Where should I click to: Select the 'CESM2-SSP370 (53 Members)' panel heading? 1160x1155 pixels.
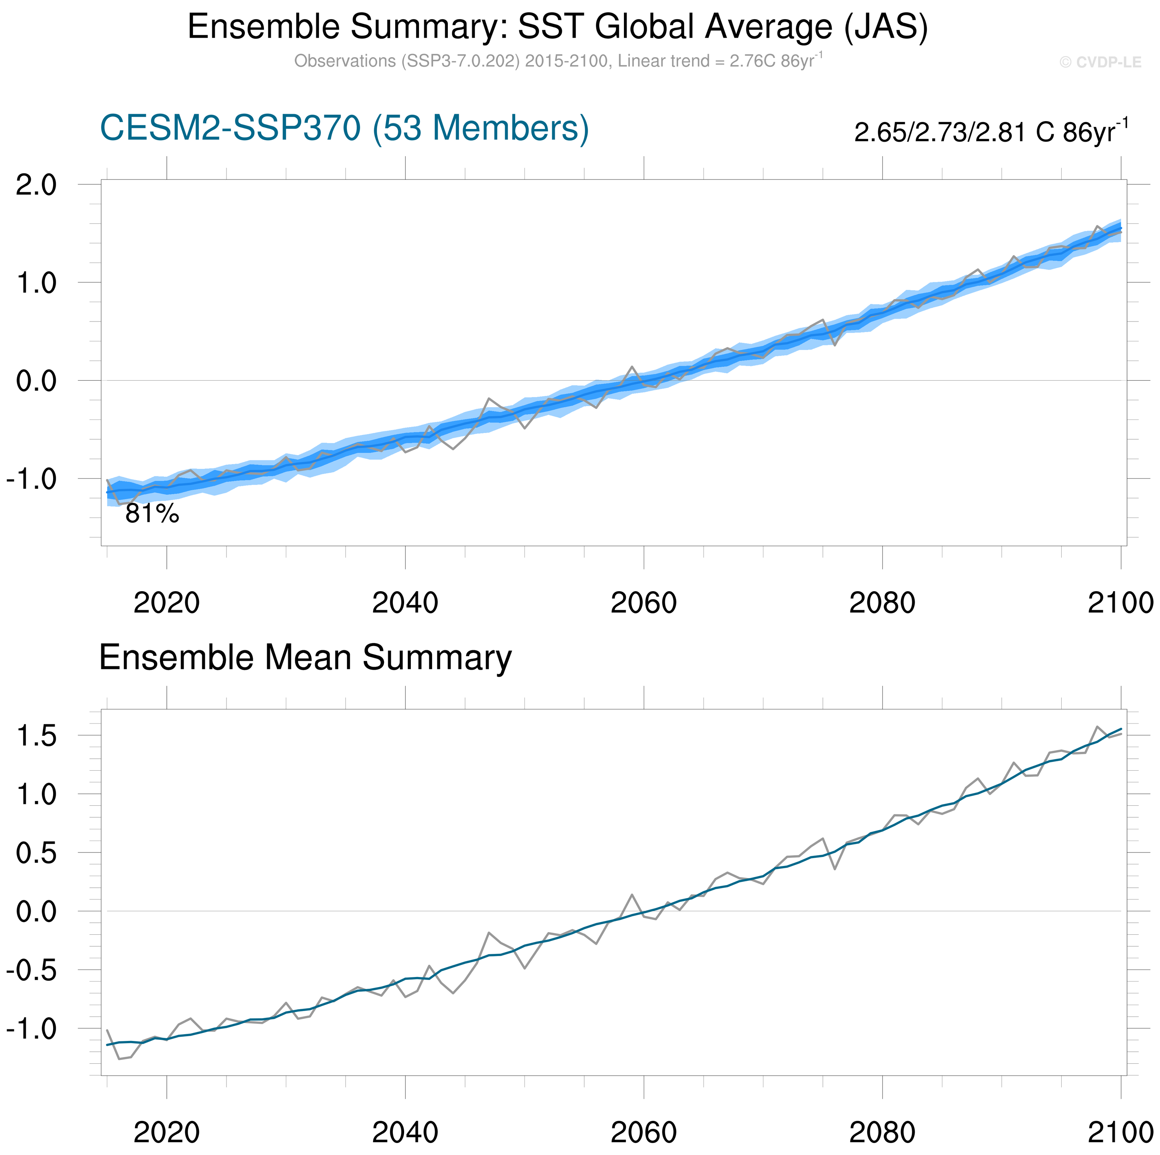(344, 128)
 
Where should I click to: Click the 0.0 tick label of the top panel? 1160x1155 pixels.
(36, 381)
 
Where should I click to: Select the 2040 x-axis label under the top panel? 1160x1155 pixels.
(405, 603)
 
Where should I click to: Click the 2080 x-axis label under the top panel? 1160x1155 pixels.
(882, 603)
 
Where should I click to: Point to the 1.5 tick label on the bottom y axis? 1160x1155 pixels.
(36, 736)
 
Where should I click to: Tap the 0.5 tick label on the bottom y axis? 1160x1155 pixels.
(36, 854)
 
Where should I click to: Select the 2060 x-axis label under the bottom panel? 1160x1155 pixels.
(644, 1133)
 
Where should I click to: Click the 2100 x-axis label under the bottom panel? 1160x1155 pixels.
(1120, 1133)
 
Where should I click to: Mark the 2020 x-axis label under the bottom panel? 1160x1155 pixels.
(166, 1133)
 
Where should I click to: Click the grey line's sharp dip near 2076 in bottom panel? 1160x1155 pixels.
(834, 869)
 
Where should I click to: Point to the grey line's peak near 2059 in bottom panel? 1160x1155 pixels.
(632, 895)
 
